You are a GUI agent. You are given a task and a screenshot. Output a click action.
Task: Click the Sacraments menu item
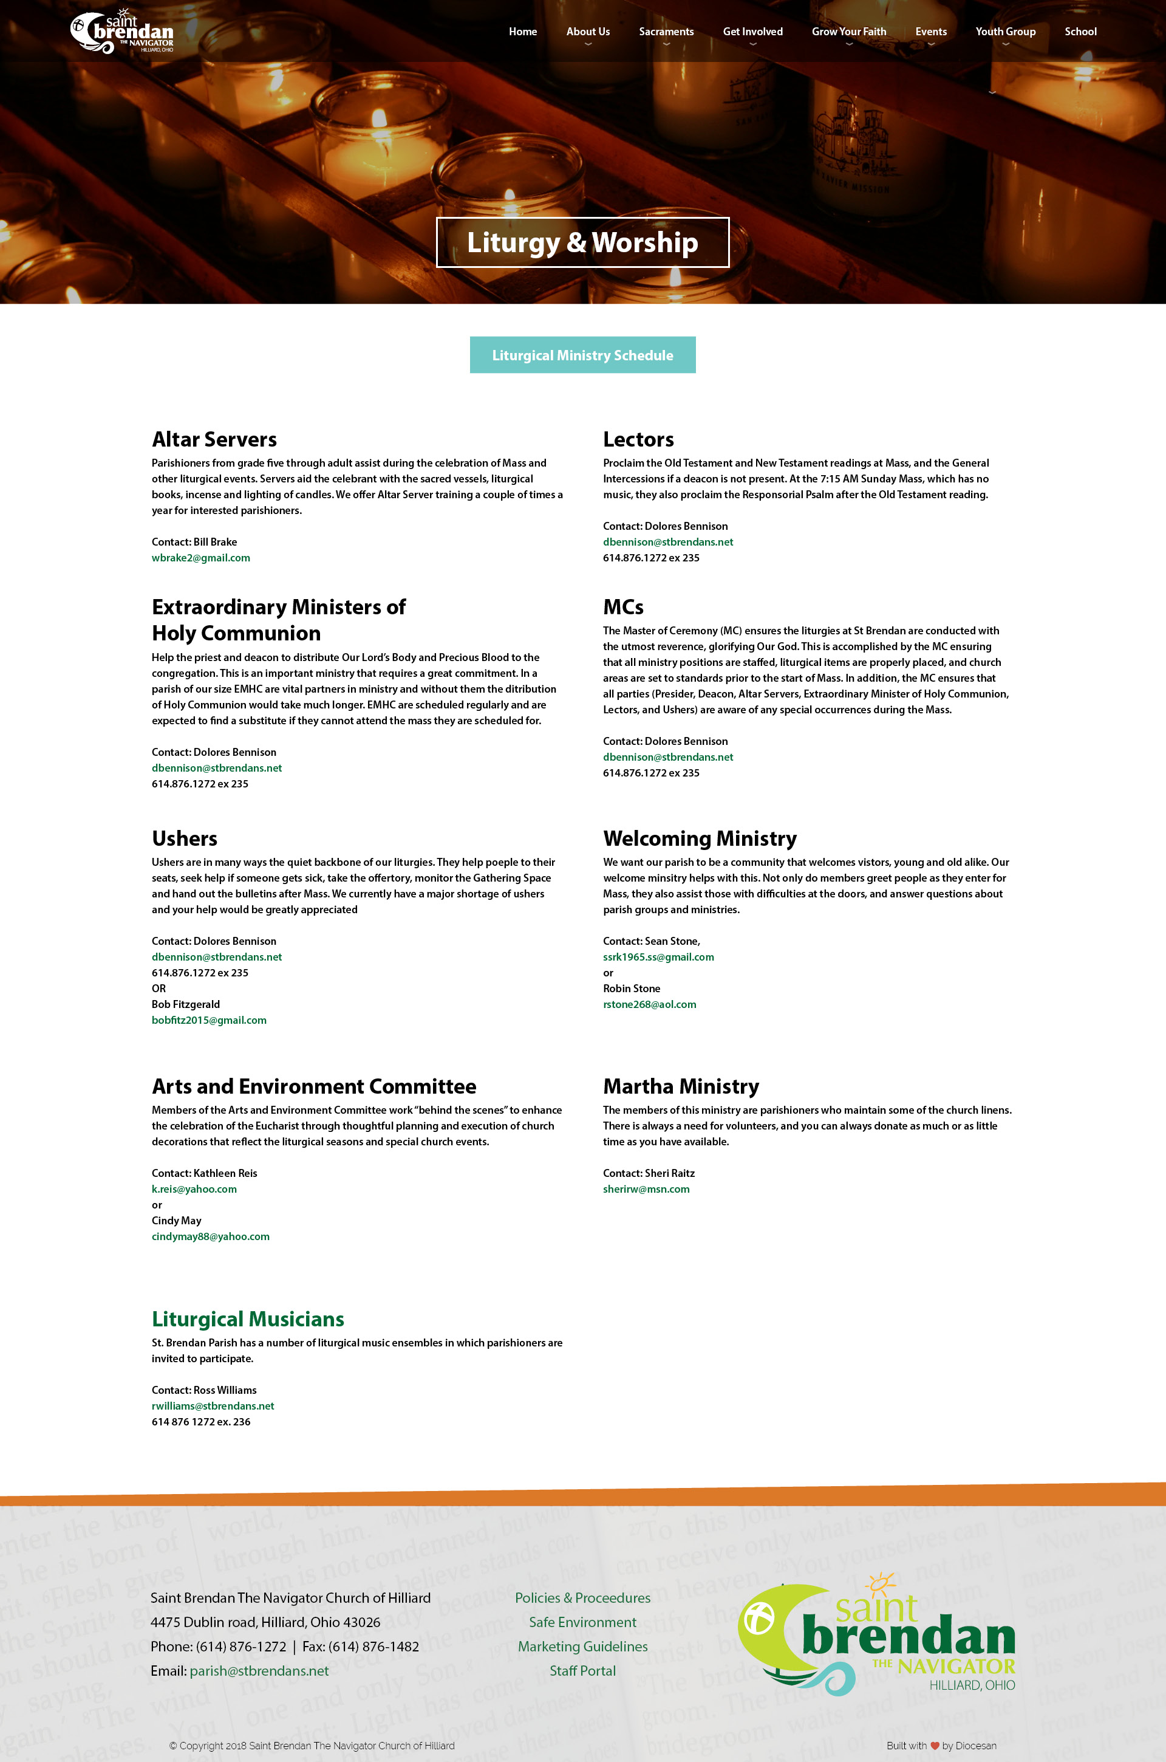666,31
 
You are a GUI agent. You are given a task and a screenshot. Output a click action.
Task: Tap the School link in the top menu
1080,31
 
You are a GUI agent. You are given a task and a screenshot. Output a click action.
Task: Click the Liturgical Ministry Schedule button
582,355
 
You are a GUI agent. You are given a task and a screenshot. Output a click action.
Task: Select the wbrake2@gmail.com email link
201,558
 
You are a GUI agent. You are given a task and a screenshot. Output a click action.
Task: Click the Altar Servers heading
214,439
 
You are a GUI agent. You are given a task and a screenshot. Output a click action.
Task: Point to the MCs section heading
623,607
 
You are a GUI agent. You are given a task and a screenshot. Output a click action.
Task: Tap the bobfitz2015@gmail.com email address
209,1020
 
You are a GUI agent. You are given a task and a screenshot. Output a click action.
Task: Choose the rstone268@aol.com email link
649,1004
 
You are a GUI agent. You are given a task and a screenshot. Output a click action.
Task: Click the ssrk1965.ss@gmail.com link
658,956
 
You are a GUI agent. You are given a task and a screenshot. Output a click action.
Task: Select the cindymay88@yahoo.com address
211,1236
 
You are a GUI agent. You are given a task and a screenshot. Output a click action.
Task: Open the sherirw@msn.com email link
646,1188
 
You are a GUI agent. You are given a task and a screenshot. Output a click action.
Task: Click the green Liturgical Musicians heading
248,1318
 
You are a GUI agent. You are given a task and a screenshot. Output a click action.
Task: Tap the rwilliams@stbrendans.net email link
213,1406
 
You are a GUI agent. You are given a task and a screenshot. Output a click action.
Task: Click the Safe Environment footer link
582,1622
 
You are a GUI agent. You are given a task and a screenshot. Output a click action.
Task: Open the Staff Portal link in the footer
582,1670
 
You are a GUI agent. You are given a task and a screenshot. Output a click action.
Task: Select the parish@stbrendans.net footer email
259,1670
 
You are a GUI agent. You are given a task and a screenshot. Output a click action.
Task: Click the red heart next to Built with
935,1746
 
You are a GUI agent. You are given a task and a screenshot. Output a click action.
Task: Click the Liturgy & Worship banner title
582,242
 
